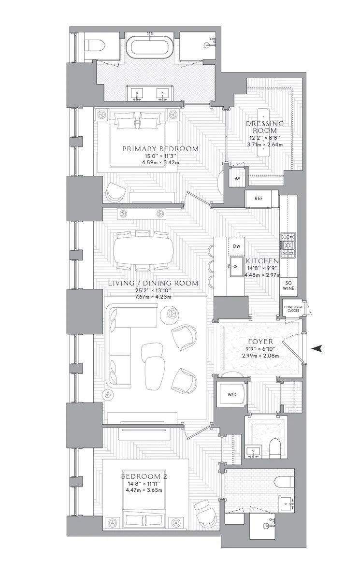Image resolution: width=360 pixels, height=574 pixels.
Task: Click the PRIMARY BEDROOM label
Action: click(160, 149)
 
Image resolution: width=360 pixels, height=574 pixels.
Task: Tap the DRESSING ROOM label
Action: click(265, 127)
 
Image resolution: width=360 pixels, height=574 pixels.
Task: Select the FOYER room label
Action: click(260, 342)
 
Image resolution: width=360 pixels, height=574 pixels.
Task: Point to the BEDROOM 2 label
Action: click(144, 476)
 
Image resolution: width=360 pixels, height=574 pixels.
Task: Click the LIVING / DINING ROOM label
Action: click(153, 283)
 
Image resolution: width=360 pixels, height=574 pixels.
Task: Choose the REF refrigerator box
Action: click(259, 199)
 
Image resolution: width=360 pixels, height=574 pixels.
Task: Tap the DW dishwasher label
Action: click(237, 246)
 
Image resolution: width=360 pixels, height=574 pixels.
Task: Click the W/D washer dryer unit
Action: click(232, 394)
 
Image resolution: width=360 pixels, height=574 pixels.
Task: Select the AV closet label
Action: click(237, 178)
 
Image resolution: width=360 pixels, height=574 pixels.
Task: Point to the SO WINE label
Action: click(289, 286)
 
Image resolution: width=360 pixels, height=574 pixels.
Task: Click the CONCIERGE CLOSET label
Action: click(293, 309)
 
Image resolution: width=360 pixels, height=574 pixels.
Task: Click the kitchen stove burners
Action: click(288, 244)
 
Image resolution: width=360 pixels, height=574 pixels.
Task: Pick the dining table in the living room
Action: click(143, 250)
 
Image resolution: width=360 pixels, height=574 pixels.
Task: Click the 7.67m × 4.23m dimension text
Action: click(153, 297)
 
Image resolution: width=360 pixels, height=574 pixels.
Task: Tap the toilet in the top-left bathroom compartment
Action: click(95, 46)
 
